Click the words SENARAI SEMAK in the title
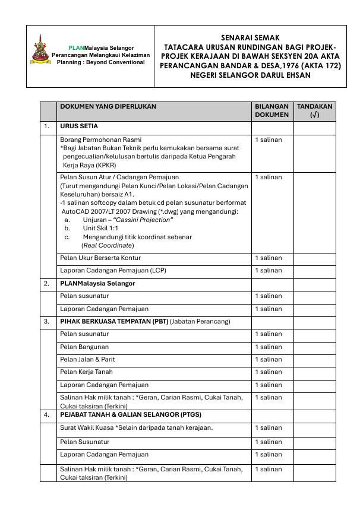tap(250, 37)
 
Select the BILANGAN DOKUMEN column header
tap(271, 110)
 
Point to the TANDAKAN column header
tap(314, 110)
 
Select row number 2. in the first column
tap(46, 283)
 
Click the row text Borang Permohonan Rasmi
tap(97, 140)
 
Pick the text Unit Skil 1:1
tap(102, 228)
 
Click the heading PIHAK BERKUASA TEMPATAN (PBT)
tap(114, 321)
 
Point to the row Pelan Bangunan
tap(84, 347)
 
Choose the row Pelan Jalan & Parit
tap(88, 359)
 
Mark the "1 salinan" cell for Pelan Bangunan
tap(268, 347)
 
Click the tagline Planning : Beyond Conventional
tap(100, 62)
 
